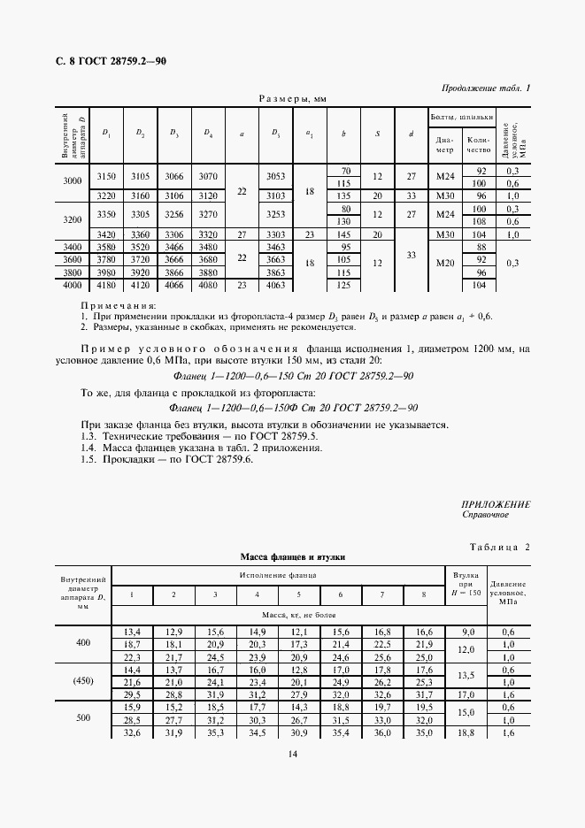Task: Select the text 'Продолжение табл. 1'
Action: pyautogui.click(x=485, y=88)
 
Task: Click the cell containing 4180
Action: pyautogui.click(x=106, y=286)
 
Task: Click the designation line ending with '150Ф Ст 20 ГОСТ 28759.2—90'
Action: pyautogui.click(x=292, y=407)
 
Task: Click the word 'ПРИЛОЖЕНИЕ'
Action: pyautogui.click(x=496, y=503)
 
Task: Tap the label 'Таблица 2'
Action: pyautogui.click(x=498, y=547)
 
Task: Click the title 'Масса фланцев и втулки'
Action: pyautogui.click(x=292, y=558)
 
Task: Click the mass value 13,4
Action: pyautogui.click(x=133, y=632)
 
